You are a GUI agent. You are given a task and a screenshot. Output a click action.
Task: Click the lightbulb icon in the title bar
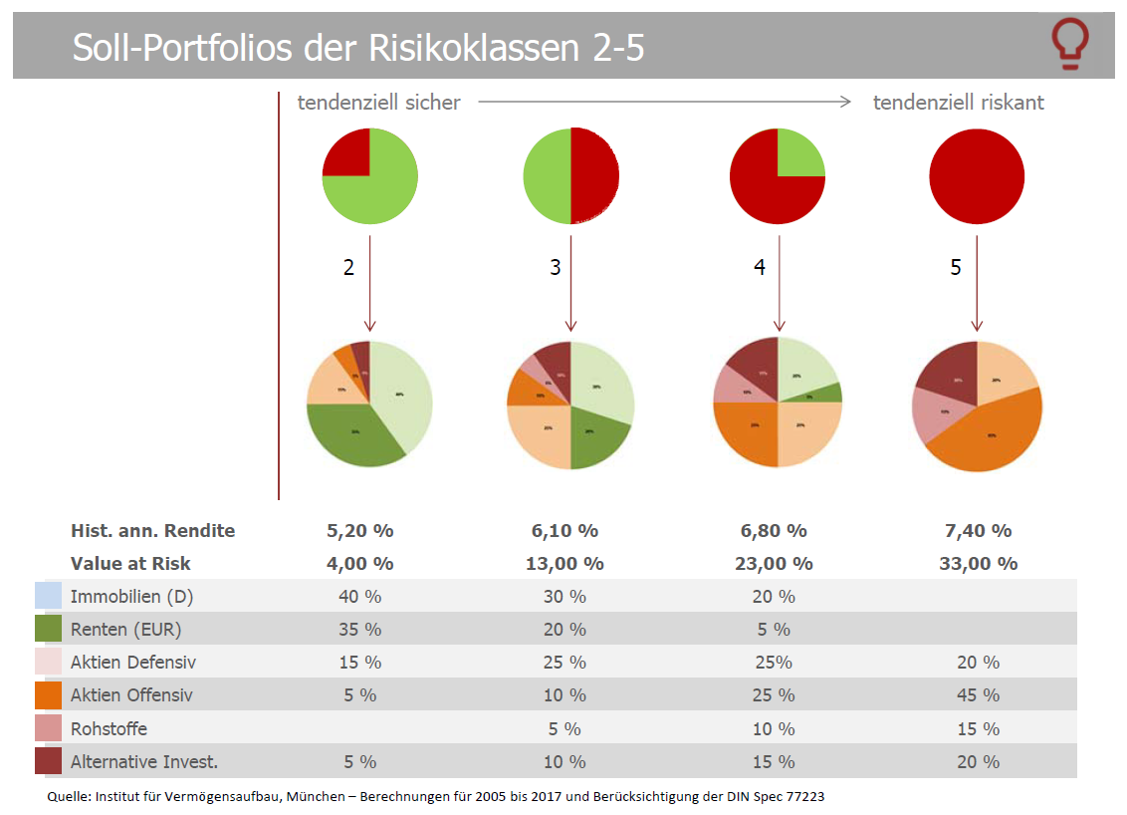(1070, 45)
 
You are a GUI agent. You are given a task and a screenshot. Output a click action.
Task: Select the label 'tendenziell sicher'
(378, 103)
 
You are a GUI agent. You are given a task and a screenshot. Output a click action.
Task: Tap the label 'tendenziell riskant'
(958, 103)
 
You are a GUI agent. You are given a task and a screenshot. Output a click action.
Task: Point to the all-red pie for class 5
(977, 176)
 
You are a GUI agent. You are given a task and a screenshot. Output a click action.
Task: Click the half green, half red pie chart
(571, 176)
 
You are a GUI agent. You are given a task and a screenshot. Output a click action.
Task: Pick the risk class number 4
(760, 268)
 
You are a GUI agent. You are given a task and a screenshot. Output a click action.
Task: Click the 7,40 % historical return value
(978, 531)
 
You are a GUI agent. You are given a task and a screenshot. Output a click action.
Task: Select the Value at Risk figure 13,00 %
(564, 564)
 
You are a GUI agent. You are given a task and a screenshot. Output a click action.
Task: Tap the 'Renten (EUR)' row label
(125, 630)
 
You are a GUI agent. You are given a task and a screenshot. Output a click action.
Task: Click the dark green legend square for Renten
(47, 630)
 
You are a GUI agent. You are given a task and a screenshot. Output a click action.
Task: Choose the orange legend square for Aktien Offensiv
(47, 695)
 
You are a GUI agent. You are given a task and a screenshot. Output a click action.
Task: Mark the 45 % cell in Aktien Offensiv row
(978, 695)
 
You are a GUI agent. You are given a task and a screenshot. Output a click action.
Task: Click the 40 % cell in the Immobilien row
(359, 597)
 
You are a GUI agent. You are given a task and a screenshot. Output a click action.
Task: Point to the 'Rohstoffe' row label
(109, 728)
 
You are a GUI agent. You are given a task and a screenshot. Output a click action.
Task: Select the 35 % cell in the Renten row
(359, 630)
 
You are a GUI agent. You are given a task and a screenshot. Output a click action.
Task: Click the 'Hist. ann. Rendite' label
(152, 531)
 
